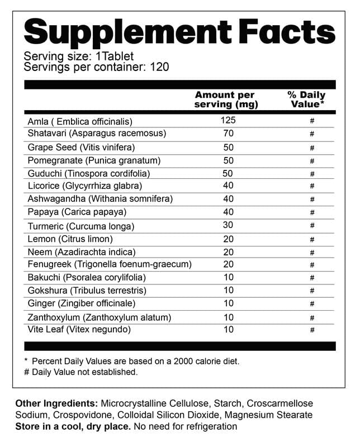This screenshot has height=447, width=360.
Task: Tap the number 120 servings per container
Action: coord(159,68)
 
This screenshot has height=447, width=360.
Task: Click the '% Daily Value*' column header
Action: coord(307,99)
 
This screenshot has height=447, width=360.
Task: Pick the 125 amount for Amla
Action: coord(228,120)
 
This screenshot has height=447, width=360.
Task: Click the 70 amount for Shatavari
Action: coord(228,134)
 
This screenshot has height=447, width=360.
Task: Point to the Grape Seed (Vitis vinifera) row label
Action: coord(81,147)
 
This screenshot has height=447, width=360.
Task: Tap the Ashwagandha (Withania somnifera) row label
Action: coord(100,199)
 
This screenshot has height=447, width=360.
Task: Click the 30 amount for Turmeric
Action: coord(228,225)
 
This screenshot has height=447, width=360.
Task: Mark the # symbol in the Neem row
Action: coord(312,253)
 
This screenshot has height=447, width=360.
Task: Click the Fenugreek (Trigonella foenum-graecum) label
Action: coord(110,264)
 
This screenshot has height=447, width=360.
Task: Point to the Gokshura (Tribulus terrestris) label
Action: coord(87,291)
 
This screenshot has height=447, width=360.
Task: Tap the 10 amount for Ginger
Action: coord(228,303)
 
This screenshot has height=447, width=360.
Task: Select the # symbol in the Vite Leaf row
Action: coord(312,330)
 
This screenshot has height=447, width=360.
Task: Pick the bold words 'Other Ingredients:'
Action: coord(56,403)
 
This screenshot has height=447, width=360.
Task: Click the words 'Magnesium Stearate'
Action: coord(267,415)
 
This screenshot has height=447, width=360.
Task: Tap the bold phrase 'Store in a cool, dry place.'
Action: coord(73,426)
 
